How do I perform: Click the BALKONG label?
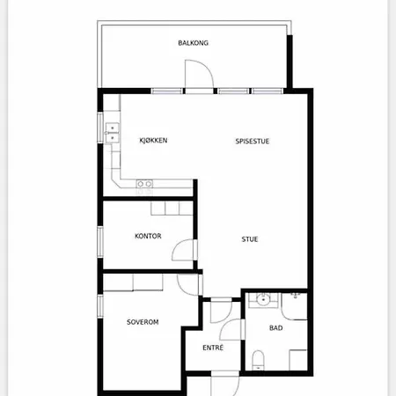[x=193, y=43]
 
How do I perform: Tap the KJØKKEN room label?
[x=153, y=141]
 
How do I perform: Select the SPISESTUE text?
[x=253, y=141]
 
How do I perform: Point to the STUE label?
[x=250, y=239]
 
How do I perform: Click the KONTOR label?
[x=148, y=236]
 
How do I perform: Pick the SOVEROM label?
[x=143, y=322]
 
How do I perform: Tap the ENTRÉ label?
[x=213, y=348]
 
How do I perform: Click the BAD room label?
[x=276, y=328]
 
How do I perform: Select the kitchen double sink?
[x=113, y=133]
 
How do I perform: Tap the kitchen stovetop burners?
[x=144, y=184]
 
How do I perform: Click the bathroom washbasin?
[x=263, y=300]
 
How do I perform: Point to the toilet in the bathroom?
[x=259, y=360]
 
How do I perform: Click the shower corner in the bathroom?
[x=294, y=306]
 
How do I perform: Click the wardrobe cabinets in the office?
[x=172, y=209]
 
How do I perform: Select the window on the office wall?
[x=100, y=242]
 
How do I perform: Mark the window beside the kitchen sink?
[x=100, y=128]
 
